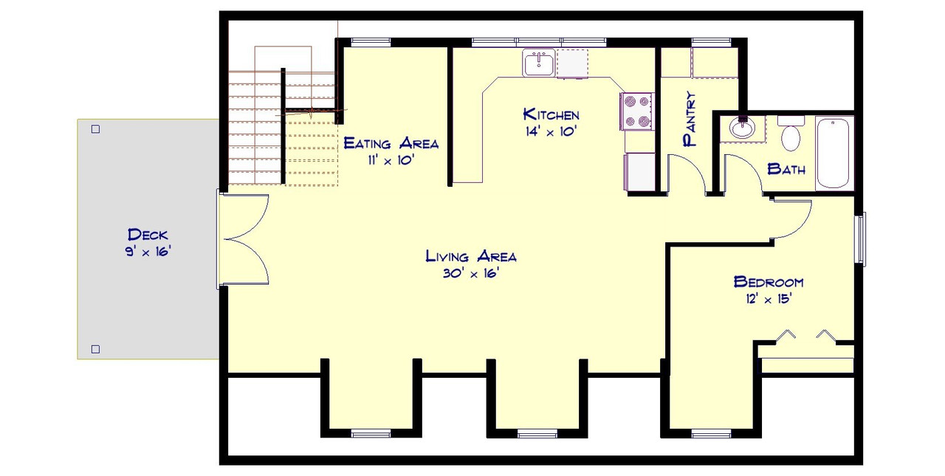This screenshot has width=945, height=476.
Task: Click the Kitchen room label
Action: pos(551,114)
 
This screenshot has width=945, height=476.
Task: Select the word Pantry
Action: pos(690,120)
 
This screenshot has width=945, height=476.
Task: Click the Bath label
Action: pos(787,169)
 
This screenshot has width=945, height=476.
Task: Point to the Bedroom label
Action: pos(768,282)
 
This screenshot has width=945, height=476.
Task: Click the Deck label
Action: pos(148,235)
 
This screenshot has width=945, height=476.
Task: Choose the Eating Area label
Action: pos(391,143)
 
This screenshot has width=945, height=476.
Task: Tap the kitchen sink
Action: pos(539,63)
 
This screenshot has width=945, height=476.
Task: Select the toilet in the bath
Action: pos(791,134)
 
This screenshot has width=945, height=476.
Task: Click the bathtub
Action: pos(834,153)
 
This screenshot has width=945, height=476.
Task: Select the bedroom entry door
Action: pos(790,219)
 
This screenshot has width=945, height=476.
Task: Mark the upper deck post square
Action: pos(95,129)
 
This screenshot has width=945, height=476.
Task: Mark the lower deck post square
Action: pos(95,349)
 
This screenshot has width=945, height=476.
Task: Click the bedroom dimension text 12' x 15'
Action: pos(768,300)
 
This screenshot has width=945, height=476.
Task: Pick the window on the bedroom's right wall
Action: pos(860,238)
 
